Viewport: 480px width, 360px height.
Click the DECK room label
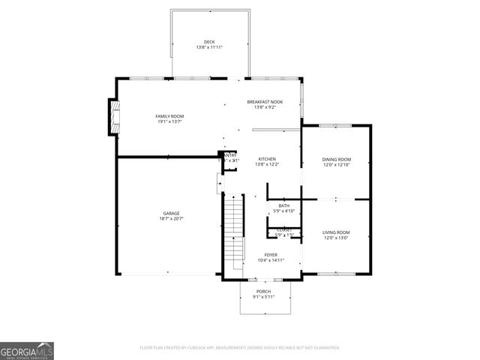(209, 41)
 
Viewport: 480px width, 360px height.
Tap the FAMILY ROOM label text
(169, 116)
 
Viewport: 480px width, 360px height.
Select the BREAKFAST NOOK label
(265, 101)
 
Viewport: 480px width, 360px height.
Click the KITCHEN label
(267, 159)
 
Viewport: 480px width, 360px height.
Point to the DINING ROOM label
(336, 159)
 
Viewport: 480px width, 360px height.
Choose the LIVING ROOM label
(336, 232)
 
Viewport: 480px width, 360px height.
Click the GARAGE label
(171, 214)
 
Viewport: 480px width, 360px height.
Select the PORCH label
(263, 291)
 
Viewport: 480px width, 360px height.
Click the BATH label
(284, 205)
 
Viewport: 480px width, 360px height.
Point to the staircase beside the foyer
(235, 232)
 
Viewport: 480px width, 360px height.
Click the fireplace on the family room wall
(115, 117)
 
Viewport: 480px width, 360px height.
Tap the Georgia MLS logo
(27, 350)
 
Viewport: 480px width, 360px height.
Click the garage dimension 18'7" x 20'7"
(171, 219)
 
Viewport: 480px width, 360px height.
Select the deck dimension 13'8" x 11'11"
(209, 47)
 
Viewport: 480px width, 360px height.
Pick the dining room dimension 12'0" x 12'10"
(336, 165)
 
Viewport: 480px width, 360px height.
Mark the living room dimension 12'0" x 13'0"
(336, 238)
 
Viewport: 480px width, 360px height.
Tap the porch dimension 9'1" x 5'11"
(263, 297)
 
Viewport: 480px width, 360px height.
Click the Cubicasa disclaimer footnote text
(240, 348)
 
